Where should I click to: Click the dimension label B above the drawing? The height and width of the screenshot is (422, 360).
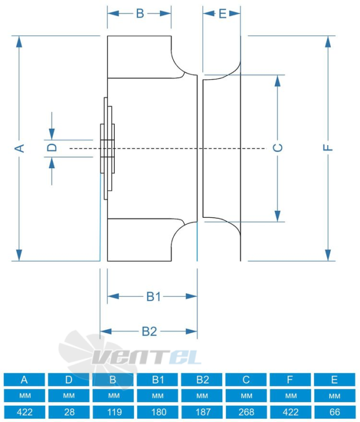click(140, 13)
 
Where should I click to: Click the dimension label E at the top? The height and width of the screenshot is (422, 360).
click(223, 14)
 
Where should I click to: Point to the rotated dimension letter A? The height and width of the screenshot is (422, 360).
click(19, 148)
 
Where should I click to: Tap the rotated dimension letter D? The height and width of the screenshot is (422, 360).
click(52, 147)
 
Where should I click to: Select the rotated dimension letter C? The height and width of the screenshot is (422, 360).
click(278, 148)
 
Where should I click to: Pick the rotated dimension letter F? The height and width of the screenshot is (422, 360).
click(328, 147)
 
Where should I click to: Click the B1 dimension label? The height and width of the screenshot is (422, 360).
click(154, 297)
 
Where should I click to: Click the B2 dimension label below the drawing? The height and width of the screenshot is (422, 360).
click(149, 331)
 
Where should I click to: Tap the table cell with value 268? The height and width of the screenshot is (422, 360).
click(246, 412)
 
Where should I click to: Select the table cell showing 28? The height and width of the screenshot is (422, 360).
click(69, 412)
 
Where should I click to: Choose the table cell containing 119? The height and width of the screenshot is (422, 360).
click(113, 412)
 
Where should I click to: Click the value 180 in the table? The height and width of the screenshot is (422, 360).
click(157, 412)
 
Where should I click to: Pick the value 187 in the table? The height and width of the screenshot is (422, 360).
click(202, 412)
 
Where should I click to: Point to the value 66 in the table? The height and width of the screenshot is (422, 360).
click(335, 412)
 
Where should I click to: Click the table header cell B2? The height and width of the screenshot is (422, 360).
click(202, 379)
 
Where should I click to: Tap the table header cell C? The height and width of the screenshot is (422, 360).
click(246, 379)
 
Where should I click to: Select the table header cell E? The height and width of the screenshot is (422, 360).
click(335, 379)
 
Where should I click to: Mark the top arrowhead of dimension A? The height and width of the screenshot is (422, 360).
click(19, 42)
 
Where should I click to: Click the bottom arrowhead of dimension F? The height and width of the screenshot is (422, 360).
click(328, 255)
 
